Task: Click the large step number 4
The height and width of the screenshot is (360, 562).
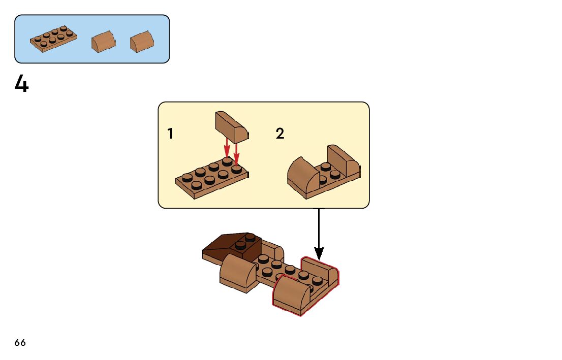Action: [x=22, y=84]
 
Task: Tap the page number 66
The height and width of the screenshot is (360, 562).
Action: [x=20, y=343]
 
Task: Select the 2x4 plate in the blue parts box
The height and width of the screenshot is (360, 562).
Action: [x=53, y=39]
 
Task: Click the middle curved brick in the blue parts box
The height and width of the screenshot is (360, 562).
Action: [x=103, y=41]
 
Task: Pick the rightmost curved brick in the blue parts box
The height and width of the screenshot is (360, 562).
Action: [x=142, y=42]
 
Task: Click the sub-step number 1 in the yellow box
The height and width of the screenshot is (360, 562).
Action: [x=170, y=134]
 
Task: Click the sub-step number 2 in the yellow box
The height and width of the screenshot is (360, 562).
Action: [x=280, y=134]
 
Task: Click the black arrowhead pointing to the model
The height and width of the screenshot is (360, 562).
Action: [x=319, y=252]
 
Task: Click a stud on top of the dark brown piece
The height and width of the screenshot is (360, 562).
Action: [x=249, y=237]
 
